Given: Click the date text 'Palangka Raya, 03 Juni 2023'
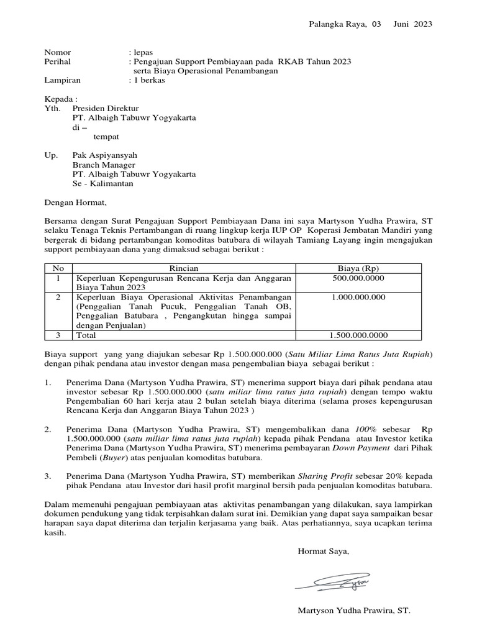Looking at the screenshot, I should click(370, 24).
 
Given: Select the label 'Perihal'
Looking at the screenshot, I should click(57, 61).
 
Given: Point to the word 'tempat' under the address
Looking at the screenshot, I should click(106, 136).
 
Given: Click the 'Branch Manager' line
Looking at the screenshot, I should click(104, 165).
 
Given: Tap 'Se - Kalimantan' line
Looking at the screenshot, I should click(102, 183).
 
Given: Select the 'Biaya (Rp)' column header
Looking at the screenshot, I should click(358, 268).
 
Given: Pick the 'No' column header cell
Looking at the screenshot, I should click(58, 268).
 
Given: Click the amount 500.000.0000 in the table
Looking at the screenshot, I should click(358, 278).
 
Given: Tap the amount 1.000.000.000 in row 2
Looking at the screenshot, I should click(358, 297).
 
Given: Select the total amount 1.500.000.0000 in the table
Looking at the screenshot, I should click(358, 335).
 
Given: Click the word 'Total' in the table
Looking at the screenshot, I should click(86, 335).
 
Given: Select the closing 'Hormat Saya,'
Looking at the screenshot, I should click(324, 551).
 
